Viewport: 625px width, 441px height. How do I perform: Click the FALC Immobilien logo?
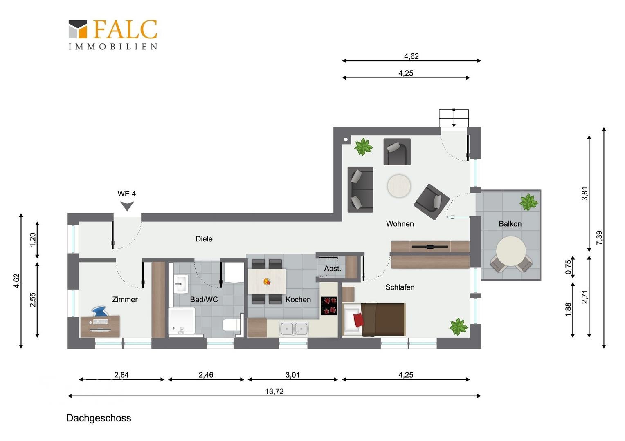[x=113, y=35]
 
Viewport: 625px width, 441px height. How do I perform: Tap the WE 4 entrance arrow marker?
[x=127, y=206]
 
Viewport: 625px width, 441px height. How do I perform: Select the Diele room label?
[x=204, y=239]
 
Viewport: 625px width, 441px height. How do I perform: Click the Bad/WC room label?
[x=204, y=299]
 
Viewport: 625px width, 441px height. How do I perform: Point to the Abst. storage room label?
[x=333, y=269]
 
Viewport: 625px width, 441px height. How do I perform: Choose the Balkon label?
[x=510, y=224]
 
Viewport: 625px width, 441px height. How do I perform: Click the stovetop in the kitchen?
[x=329, y=305]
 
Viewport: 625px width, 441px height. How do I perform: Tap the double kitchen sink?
[x=294, y=328]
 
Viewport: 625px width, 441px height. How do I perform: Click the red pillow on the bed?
[x=359, y=320]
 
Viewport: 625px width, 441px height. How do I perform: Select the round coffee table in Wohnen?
[x=399, y=186]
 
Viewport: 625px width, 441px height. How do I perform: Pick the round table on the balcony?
[x=511, y=251]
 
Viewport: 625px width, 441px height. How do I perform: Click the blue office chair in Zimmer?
[x=99, y=312]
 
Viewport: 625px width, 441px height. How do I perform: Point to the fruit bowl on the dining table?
[x=267, y=282]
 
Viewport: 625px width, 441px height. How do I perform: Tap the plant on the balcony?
[x=528, y=202]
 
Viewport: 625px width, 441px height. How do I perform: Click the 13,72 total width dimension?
[x=274, y=392]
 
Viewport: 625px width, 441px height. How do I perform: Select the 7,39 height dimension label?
[x=599, y=238]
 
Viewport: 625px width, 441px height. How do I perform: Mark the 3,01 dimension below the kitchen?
[x=293, y=375]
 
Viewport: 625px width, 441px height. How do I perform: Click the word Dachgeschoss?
[x=99, y=418]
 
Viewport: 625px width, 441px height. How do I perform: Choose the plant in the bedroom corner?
[x=459, y=327]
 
